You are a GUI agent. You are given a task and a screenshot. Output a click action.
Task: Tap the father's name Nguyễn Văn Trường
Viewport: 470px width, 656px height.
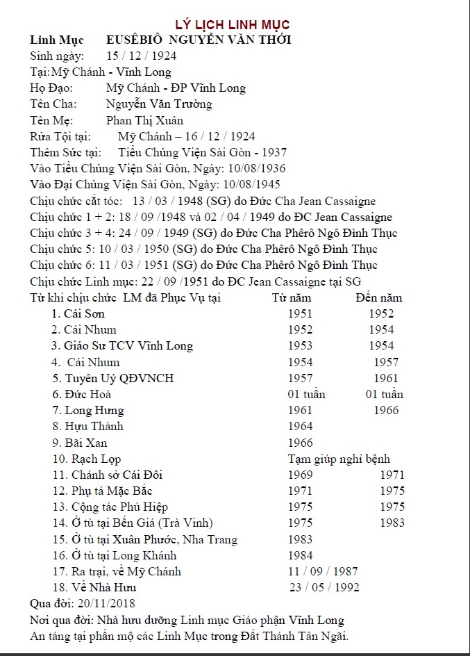coord(159,104)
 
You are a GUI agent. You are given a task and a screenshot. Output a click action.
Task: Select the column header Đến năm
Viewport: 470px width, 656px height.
coord(378,298)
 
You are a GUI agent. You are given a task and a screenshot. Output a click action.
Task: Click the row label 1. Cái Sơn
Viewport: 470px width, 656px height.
coord(78,314)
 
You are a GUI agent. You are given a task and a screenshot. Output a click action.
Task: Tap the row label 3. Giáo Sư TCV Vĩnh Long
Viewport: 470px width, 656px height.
coord(122,346)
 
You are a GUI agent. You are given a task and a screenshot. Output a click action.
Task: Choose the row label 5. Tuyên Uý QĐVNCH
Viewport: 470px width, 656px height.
coord(113,379)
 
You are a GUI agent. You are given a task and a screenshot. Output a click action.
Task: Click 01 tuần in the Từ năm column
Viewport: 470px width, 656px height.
coord(306,395)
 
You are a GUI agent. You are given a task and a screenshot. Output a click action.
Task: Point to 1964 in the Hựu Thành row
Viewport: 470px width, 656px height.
coord(301,427)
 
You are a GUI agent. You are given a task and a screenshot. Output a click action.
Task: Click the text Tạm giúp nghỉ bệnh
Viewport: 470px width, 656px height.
coord(339,459)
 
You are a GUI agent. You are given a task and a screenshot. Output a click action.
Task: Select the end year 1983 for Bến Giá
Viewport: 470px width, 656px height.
coord(392,523)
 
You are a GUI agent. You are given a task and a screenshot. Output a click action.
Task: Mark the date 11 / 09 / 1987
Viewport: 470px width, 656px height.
coord(323,571)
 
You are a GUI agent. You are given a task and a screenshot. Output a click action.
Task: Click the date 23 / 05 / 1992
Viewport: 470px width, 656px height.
coord(325,588)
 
